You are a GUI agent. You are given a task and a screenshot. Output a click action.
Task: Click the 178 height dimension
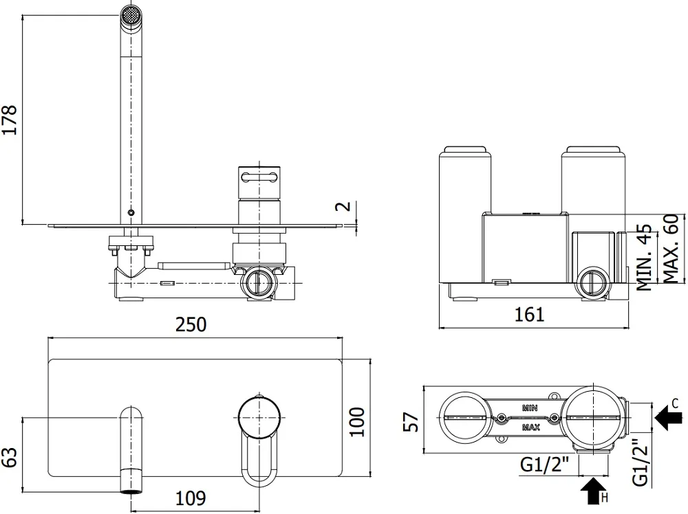click(x=9, y=120)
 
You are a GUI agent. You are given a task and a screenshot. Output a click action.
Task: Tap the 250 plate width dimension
click(x=191, y=325)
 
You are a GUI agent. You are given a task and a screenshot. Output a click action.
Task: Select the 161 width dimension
click(x=529, y=314)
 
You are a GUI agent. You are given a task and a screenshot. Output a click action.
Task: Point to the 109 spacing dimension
click(x=191, y=498)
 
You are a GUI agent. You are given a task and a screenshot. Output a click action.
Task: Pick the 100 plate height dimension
click(x=358, y=421)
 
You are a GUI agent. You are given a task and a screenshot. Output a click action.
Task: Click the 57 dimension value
click(x=411, y=421)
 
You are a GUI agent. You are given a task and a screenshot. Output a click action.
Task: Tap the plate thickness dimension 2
click(x=346, y=206)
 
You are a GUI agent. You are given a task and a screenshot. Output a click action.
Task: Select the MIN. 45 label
click(x=644, y=258)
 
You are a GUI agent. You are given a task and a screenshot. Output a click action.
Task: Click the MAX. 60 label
click(x=670, y=248)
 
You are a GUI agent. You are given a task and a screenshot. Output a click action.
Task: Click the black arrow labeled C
click(x=668, y=417)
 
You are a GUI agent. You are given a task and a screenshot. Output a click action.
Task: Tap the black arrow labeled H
click(x=593, y=491)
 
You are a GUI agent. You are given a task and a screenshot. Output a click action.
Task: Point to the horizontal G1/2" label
click(x=544, y=465)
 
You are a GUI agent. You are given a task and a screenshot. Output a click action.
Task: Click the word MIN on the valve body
click(x=530, y=408)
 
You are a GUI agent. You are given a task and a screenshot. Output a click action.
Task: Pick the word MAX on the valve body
click(x=530, y=427)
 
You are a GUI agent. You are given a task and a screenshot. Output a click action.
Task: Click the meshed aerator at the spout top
click(x=131, y=15)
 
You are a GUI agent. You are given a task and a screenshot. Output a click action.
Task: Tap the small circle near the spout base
click(x=131, y=212)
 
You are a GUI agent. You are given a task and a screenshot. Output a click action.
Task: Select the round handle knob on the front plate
click(x=259, y=416)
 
